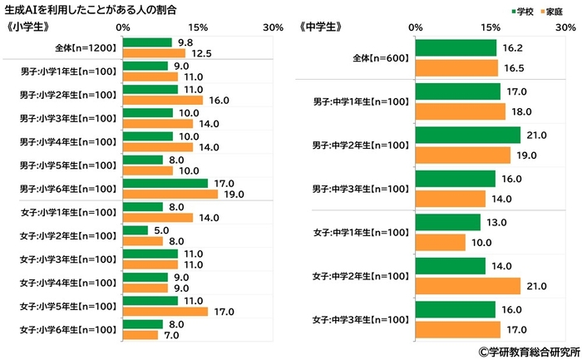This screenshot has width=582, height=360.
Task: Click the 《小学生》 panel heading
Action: (28, 27)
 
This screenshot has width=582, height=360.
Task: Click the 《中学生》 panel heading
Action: (320, 27)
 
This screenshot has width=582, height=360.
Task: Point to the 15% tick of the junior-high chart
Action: (490, 27)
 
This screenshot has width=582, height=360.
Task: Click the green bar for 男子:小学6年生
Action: (165, 183)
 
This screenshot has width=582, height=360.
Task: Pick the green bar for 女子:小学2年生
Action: (135, 230)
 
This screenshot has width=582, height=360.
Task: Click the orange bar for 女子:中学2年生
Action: (466, 286)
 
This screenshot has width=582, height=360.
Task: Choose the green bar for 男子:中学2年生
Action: (466, 135)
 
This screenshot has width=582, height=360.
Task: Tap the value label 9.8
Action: (186, 42)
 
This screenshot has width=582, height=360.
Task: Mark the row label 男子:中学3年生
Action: (359, 188)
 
